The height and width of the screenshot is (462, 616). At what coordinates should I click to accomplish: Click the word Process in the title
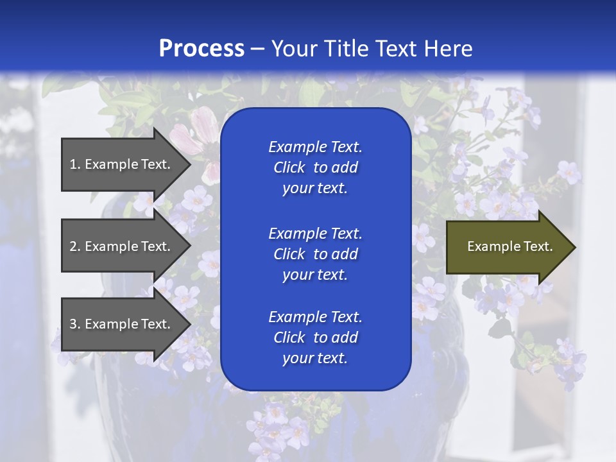click(x=201, y=49)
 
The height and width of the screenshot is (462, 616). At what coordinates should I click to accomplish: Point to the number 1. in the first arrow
click(x=75, y=164)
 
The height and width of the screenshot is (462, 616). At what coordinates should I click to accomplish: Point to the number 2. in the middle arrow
click(x=75, y=246)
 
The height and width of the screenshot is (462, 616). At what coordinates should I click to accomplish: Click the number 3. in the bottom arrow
click(x=75, y=324)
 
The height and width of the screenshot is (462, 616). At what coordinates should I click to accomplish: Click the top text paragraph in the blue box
click(x=315, y=167)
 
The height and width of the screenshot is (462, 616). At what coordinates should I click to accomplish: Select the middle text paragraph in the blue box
click(x=315, y=254)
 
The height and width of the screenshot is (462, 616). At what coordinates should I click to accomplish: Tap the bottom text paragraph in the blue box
click(x=315, y=338)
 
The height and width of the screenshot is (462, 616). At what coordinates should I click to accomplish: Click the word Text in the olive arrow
click(x=538, y=246)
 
